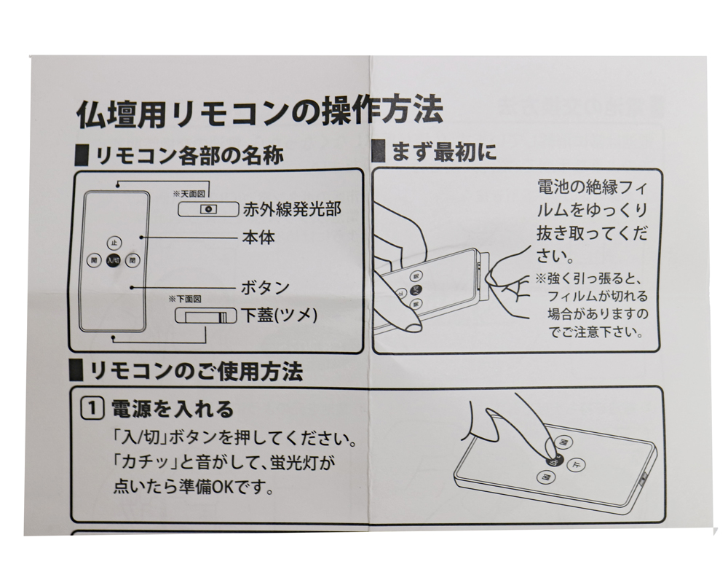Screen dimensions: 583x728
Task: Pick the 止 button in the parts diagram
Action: (113, 242)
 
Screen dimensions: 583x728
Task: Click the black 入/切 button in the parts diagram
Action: (113, 259)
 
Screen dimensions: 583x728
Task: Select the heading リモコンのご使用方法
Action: (196, 372)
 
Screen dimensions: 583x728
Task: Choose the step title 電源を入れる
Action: (173, 409)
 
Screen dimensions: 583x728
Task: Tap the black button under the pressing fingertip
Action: (553, 461)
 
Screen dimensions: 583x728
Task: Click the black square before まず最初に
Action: (378, 152)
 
